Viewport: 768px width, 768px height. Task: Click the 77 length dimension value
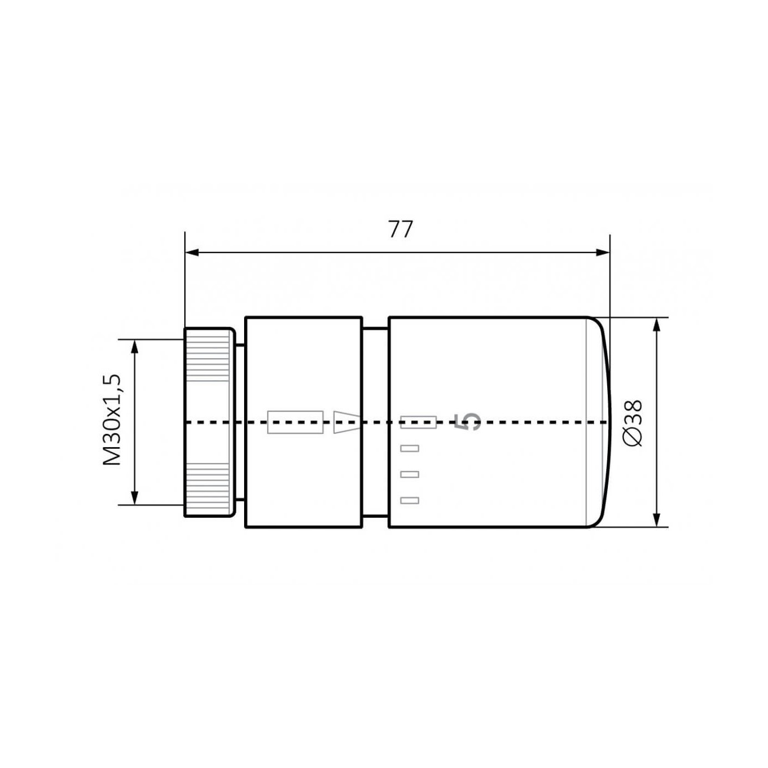click(400, 229)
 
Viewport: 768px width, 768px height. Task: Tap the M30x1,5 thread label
click(111, 420)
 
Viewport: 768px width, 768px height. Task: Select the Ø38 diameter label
click(633, 423)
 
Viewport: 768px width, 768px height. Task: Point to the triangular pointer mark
click(346, 421)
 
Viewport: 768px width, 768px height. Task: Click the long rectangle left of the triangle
click(295, 422)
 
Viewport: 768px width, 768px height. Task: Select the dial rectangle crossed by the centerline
click(418, 422)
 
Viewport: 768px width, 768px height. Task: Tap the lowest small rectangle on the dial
click(410, 500)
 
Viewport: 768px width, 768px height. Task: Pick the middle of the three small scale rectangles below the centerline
click(410, 474)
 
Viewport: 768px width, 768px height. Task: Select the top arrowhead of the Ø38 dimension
click(657, 324)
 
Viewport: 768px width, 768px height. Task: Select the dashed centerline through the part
click(538, 422)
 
